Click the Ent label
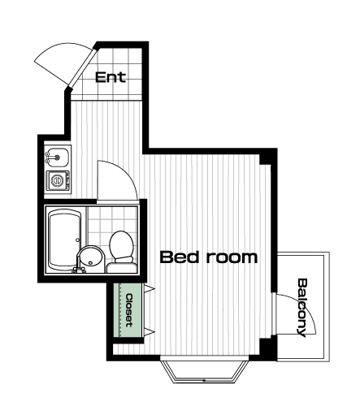tap(111, 77)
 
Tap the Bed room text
tap(209, 257)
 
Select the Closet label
tap(129, 310)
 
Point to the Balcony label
tap(302, 308)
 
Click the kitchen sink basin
tap(60, 158)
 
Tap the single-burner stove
tap(58, 180)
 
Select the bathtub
tap(64, 240)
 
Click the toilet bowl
tap(121, 244)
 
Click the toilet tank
tap(121, 267)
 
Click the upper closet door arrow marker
tap(150, 288)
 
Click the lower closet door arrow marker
tap(150, 332)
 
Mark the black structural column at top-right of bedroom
tap(266, 159)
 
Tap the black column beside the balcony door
tap(266, 347)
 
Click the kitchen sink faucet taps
tap(48, 158)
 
